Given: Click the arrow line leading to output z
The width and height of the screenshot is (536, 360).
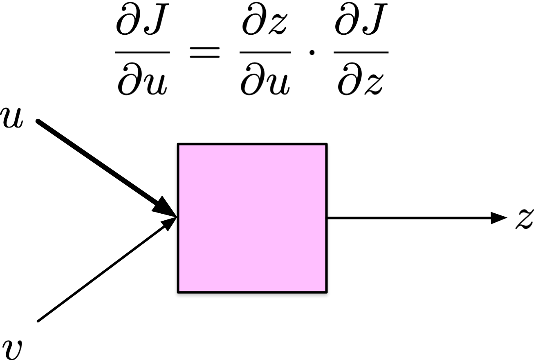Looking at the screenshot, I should pyautogui.click(x=409, y=218).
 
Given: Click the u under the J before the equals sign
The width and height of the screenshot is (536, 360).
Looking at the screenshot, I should pyautogui.click(x=155, y=82).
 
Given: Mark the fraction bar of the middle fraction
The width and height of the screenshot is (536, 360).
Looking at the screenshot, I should pyautogui.click(x=265, y=52).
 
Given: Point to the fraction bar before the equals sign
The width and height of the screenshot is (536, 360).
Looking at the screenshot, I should pyautogui.click(x=142, y=52).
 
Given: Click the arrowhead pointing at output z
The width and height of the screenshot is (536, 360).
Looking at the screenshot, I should pyautogui.click(x=499, y=218).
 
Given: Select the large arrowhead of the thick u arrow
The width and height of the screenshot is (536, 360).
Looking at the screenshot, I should pyautogui.click(x=164, y=207).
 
